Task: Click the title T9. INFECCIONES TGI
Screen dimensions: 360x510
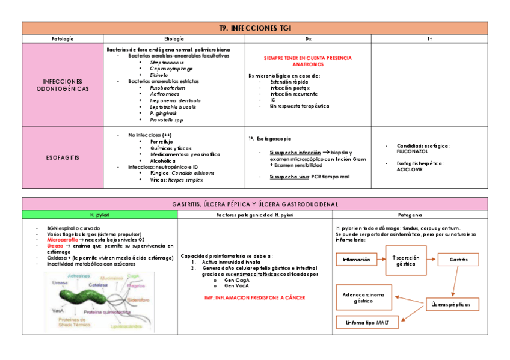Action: [x=255, y=28]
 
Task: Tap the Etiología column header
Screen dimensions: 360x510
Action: [x=174, y=38]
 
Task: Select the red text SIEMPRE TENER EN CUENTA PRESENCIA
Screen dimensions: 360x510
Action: [x=307, y=58]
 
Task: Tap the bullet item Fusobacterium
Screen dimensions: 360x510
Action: [x=167, y=88]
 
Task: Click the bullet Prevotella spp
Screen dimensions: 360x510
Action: [x=166, y=119]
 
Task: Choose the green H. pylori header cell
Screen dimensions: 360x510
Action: [x=99, y=215]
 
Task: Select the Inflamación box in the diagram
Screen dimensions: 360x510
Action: [x=356, y=260]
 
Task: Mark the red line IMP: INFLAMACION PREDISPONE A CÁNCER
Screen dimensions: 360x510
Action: [x=256, y=297]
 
